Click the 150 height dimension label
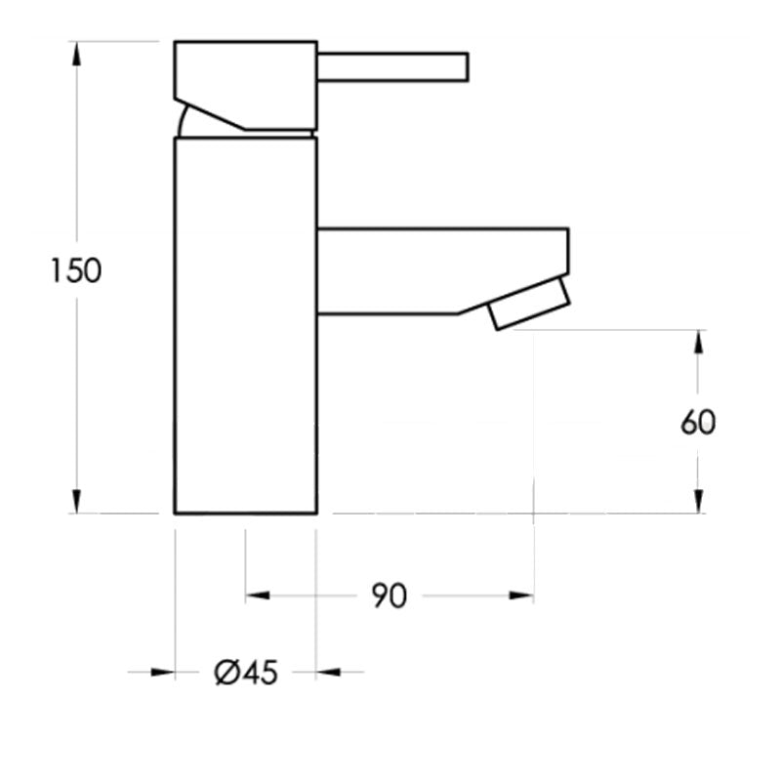76,270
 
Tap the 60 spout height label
698,422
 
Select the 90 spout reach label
389,596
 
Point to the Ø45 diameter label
245,673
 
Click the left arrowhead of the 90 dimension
257,595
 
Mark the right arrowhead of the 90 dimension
522,595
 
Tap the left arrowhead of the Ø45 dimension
163,672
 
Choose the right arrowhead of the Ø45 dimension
328,672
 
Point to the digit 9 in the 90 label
379,596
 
